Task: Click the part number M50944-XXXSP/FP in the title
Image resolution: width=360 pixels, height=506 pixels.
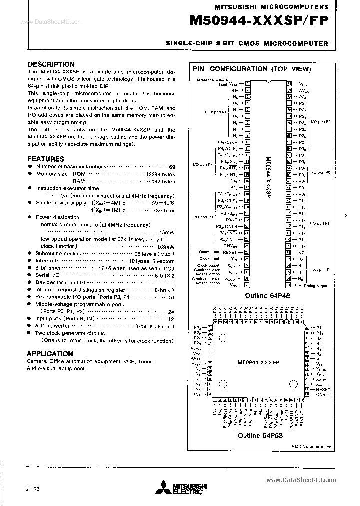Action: [x=259, y=21]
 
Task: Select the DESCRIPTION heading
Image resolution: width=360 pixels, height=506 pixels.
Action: [x=51, y=64]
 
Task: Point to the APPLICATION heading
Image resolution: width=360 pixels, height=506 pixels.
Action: [x=50, y=353]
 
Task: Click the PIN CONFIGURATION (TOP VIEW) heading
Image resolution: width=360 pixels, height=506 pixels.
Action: [x=252, y=69]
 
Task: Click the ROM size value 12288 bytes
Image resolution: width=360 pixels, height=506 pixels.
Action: [x=160, y=174]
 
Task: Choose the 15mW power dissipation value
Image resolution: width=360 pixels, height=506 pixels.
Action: [x=167, y=232]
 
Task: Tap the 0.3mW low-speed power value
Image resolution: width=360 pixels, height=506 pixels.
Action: [x=165, y=247]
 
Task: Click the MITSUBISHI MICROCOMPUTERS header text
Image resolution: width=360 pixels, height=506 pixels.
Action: [x=271, y=7]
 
